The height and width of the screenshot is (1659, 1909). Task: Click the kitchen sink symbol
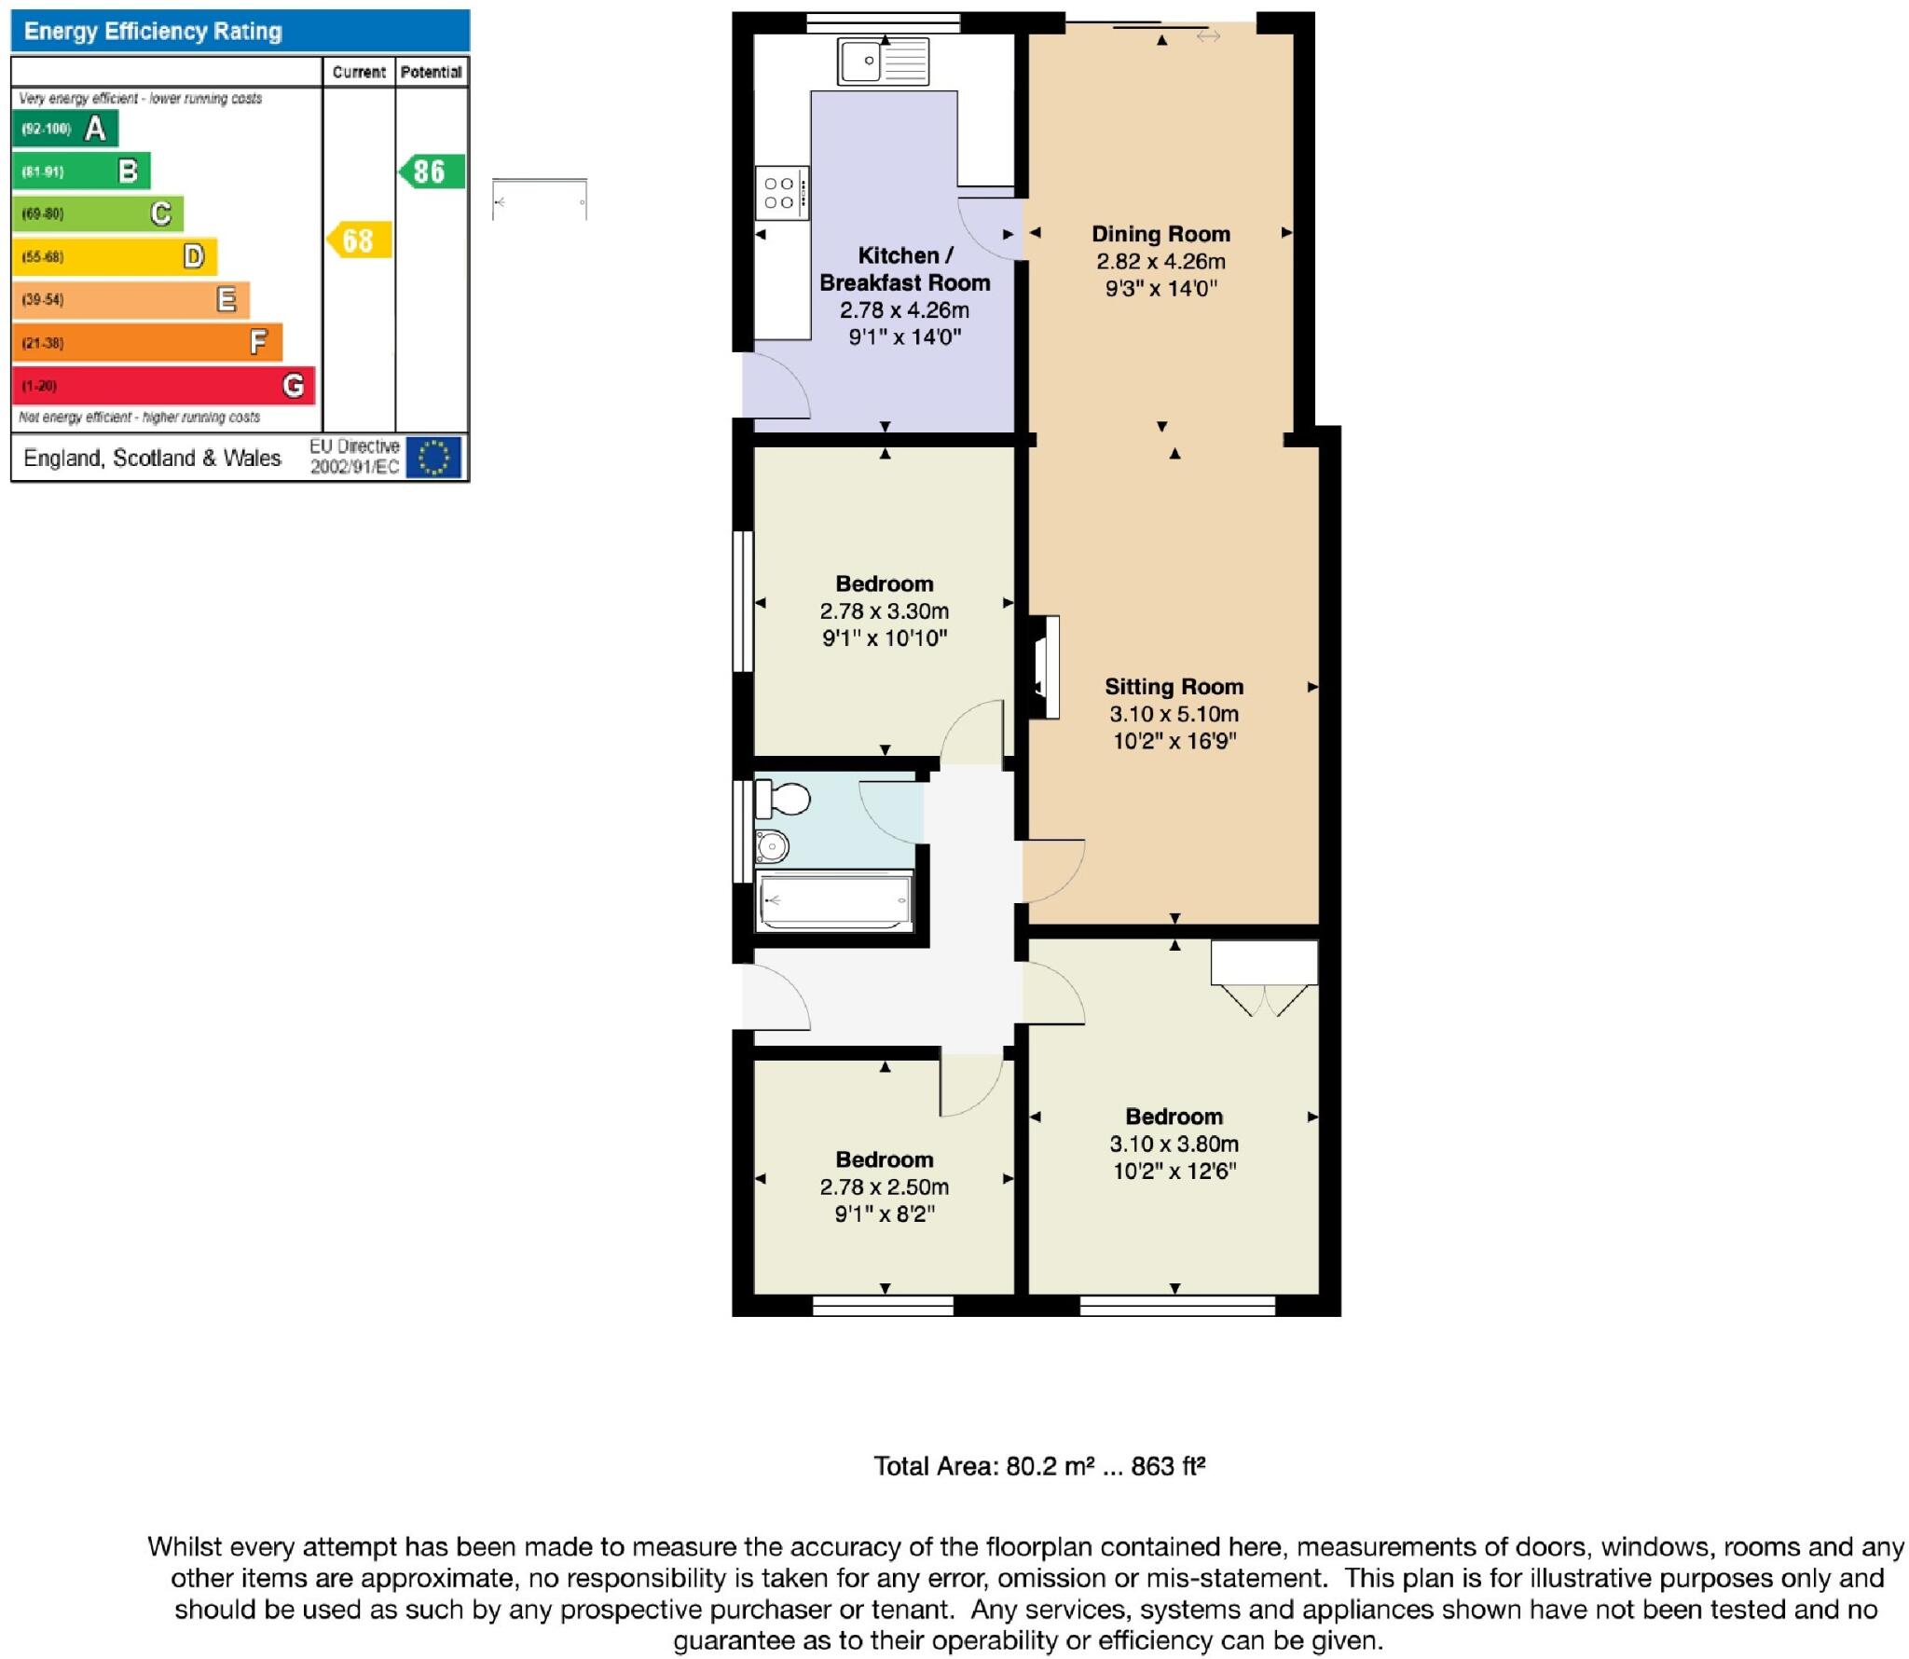(883, 62)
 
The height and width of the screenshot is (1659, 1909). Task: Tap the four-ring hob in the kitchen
(780, 193)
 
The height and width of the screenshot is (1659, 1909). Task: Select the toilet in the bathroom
(783, 799)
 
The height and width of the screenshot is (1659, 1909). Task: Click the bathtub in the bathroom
(835, 901)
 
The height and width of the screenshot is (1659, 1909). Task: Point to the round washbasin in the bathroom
(772, 847)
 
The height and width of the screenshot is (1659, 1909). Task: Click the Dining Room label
(1161, 234)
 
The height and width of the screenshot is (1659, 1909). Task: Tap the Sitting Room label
(1174, 687)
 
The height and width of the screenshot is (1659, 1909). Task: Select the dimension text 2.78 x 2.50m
(884, 1186)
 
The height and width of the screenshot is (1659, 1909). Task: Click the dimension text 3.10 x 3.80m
(1174, 1144)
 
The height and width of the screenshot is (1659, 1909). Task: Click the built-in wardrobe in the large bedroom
(1264, 964)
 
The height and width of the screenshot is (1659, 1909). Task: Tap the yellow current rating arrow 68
(358, 240)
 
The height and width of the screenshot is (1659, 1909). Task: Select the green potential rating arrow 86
(431, 171)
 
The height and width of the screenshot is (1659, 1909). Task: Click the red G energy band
(163, 385)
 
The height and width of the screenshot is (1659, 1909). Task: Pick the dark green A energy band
(65, 129)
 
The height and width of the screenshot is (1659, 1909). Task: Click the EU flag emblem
(433, 458)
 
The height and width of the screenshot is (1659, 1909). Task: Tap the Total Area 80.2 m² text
(1038, 1466)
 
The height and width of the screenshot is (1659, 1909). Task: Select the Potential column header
(431, 72)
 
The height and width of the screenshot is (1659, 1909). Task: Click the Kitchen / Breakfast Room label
(904, 268)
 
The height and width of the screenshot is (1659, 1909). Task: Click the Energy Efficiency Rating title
(153, 32)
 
